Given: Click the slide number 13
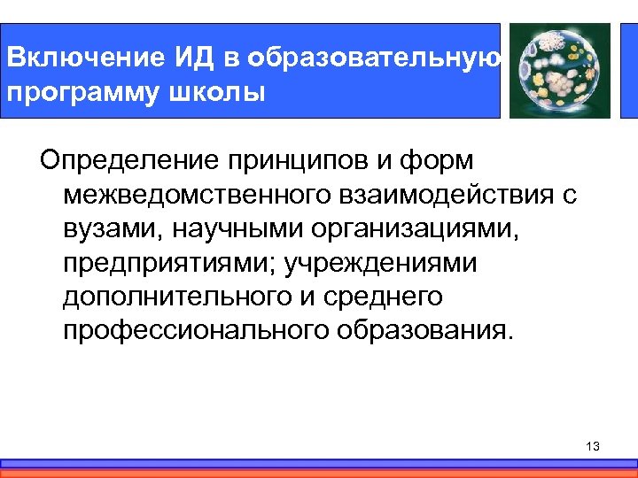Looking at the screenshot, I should click(x=593, y=447).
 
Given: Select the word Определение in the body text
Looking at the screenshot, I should click(x=128, y=162).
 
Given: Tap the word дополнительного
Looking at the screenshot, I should click(x=175, y=297).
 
